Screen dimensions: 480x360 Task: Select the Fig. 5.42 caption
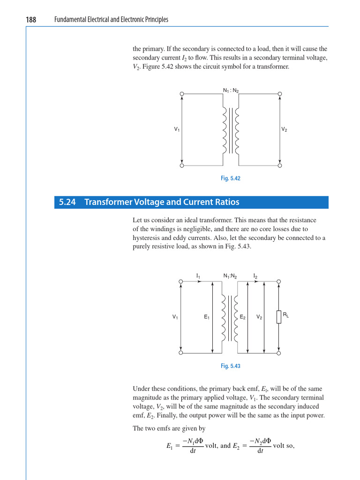coord(231,179)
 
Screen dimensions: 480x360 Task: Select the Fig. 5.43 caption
coord(231,366)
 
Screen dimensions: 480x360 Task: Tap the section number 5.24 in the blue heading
coord(67,202)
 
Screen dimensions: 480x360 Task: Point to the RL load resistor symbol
coord(279,317)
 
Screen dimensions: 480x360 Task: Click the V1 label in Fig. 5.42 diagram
coord(177,129)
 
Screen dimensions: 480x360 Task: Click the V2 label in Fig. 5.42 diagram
coord(284,129)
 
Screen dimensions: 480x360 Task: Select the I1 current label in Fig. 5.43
coord(198,276)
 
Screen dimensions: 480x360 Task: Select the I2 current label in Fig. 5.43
coord(255,276)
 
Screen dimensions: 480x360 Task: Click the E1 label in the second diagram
coord(206,317)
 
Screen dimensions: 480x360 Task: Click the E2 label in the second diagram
coord(243,317)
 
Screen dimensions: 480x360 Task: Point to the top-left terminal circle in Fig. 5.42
coord(182,94)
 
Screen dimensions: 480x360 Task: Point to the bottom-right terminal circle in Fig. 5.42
coord(280,165)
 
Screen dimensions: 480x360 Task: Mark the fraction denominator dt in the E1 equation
coord(193,451)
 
